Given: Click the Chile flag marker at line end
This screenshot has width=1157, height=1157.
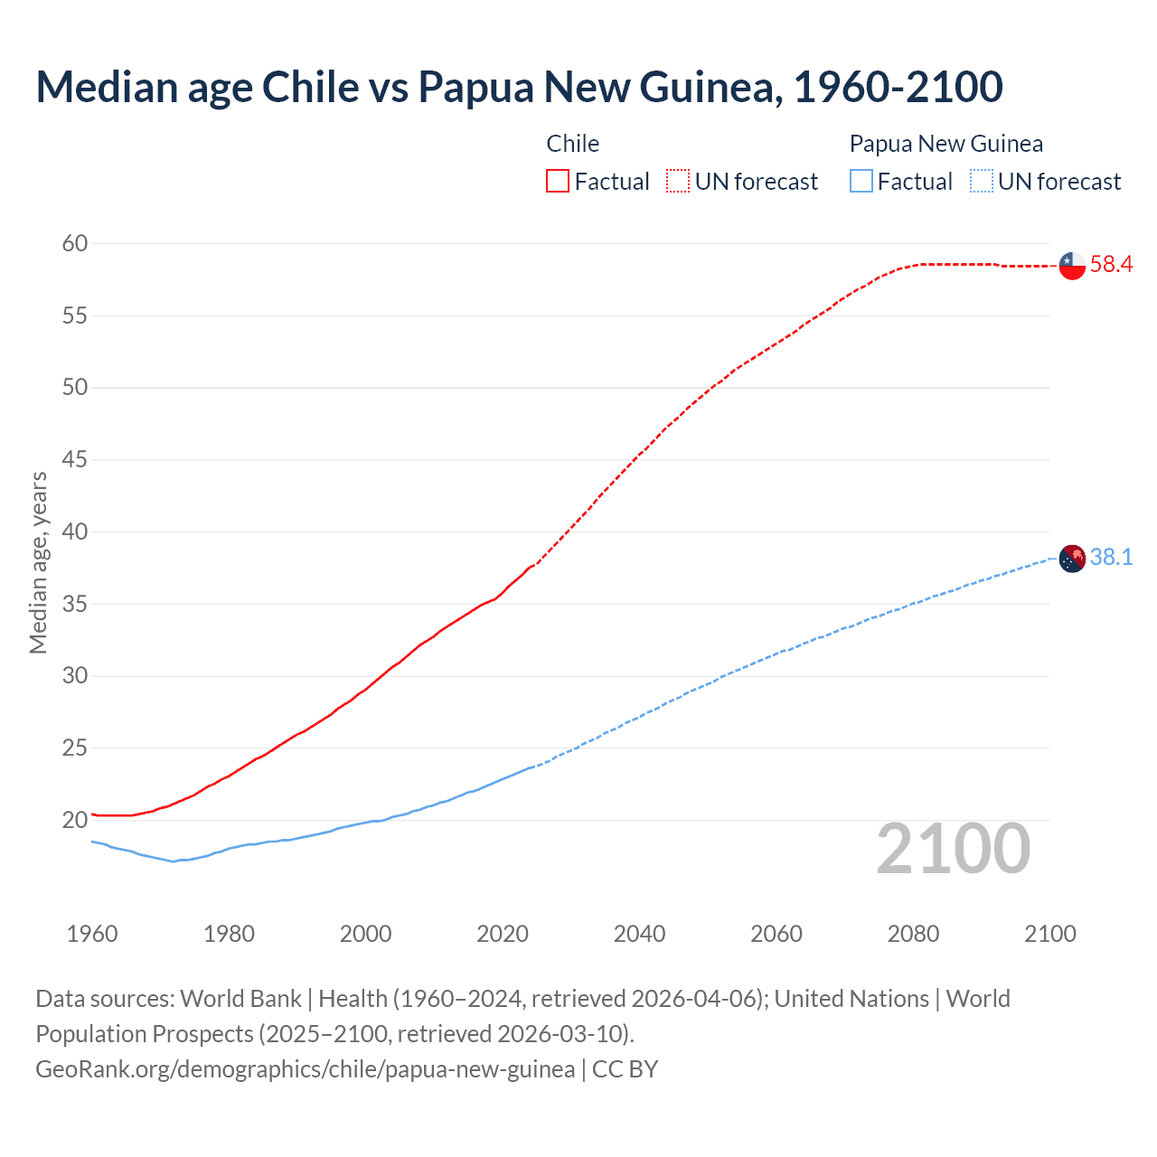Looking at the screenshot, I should coord(1072,266).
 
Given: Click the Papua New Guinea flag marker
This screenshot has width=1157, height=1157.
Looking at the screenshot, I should coord(1072,559).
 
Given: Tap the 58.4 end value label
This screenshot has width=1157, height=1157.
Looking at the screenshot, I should coord(1111,265).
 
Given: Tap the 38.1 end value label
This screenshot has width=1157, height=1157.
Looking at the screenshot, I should coord(1111,558).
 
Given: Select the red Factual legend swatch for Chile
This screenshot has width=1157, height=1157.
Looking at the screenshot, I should coord(558,182).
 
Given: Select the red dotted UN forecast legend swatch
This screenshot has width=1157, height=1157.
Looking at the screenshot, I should coord(678,182).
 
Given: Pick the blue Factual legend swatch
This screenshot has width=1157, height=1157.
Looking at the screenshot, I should coord(861,182).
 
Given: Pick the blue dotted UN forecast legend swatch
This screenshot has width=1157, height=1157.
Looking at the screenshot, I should coord(981,182).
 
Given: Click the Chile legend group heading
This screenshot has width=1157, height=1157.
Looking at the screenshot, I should coord(573,144).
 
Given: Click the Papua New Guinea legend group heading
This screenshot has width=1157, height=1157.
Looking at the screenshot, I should coord(945,144).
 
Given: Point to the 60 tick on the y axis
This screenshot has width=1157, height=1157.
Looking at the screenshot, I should coord(75,243).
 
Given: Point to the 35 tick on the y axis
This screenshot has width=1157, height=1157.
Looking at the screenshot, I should coord(75,604).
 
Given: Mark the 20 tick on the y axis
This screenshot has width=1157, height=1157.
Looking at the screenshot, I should coord(75,821).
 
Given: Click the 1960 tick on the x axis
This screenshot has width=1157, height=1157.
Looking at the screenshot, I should coord(92,934).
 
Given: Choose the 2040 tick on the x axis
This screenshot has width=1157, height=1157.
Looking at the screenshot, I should coord(639,934).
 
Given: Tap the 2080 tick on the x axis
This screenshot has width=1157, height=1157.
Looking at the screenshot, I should coord(913,934).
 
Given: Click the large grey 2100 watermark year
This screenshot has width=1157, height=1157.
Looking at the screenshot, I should coord(953,848).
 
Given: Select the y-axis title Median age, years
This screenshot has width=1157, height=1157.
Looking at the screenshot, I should coord(38,562).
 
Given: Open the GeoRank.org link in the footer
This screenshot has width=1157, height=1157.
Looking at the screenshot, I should coord(305,1069).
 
